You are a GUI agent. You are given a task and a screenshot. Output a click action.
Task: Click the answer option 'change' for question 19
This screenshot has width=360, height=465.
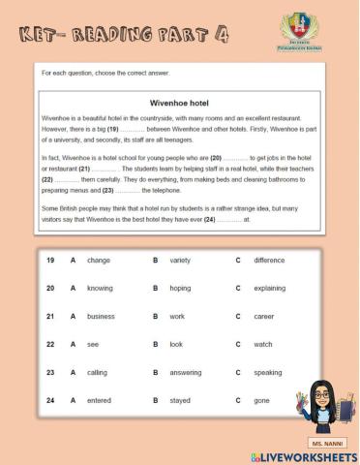pos(99,261)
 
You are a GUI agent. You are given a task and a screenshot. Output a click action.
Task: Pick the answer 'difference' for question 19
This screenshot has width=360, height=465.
pos(269,261)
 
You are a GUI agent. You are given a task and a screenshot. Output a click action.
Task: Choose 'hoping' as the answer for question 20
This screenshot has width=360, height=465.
pos(180,288)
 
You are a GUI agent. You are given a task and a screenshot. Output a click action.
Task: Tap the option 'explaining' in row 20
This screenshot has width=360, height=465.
pos(270,288)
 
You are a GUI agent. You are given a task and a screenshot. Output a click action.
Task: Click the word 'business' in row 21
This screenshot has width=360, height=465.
pos(101,316)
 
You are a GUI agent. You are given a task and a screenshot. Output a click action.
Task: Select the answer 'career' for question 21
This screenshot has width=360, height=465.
pos(264,316)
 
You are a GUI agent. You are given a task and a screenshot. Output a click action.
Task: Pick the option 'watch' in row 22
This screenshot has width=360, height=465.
pos(263,344)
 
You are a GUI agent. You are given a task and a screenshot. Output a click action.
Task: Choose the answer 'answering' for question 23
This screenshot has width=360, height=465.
pos(186,372)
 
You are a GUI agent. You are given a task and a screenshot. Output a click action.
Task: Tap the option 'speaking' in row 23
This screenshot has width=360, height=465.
pos(268,372)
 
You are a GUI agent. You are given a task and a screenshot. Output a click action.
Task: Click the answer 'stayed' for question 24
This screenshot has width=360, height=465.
pos(180,399)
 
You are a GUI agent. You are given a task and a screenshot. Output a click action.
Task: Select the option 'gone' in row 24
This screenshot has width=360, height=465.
pos(262,399)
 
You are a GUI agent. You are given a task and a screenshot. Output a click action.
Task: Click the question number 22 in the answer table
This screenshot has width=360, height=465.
pos(50,344)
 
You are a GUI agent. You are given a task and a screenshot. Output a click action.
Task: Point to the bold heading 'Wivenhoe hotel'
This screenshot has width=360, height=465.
pos(179,102)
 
